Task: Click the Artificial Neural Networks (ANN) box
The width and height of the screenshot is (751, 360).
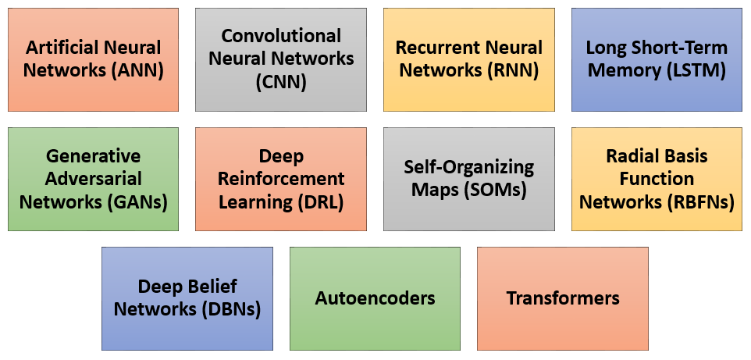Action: click(x=93, y=59)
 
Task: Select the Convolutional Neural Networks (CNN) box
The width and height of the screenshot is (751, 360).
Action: click(x=281, y=59)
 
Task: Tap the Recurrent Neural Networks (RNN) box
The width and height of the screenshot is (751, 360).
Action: click(x=468, y=59)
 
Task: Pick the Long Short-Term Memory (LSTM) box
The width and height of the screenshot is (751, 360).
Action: click(x=657, y=59)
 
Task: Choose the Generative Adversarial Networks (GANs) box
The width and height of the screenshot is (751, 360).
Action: click(x=93, y=179)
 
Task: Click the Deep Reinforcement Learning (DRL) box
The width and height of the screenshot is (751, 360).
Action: click(x=281, y=179)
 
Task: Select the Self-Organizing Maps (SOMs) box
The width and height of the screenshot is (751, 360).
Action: click(x=468, y=179)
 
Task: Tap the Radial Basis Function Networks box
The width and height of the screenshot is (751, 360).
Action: click(x=657, y=179)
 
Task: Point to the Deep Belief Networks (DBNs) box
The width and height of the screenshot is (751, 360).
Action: click(x=187, y=298)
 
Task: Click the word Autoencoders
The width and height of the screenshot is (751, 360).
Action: click(x=375, y=298)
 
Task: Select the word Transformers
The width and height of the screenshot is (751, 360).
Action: click(x=563, y=298)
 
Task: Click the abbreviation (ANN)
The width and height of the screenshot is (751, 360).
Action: click(x=137, y=70)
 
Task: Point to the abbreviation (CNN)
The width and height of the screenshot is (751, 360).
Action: click(x=281, y=81)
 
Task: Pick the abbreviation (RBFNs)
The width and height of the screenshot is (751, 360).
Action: click(x=700, y=202)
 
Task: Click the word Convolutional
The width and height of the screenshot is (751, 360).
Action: click(x=281, y=36)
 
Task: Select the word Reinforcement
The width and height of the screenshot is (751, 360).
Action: click(x=281, y=179)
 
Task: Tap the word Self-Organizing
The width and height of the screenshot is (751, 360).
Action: click(x=468, y=167)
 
